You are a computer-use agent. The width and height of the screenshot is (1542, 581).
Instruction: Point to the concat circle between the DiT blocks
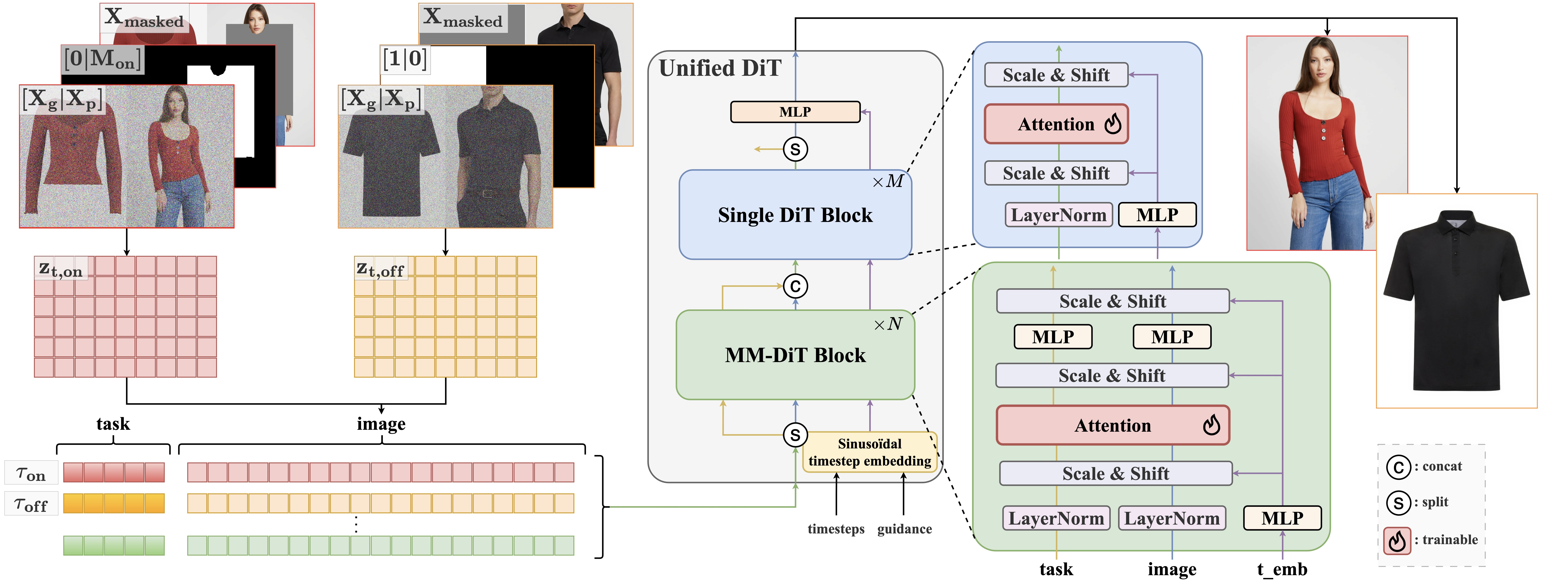click(795, 286)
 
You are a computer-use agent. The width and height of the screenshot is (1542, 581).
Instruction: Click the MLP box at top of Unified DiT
click(795, 112)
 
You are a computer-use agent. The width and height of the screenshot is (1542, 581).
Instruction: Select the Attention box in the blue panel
click(1056, 124)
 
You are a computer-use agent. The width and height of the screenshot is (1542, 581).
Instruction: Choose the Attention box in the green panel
click(1112, 425)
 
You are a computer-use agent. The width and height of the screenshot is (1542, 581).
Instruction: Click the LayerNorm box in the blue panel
click(1058, 215)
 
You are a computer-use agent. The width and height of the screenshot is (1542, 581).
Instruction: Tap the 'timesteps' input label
click(836, 529)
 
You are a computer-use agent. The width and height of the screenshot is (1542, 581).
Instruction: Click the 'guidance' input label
click(904, 529)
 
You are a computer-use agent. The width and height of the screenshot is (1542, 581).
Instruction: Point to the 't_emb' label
click(1282, 569)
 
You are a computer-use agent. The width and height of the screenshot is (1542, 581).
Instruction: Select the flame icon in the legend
click(1396, 541)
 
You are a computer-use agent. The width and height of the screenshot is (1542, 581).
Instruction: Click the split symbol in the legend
click(1398, 503)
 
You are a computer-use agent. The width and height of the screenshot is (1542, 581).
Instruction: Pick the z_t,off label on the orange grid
click(380, 270)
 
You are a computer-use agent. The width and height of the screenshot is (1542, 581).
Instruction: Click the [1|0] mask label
click(405, 59)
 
